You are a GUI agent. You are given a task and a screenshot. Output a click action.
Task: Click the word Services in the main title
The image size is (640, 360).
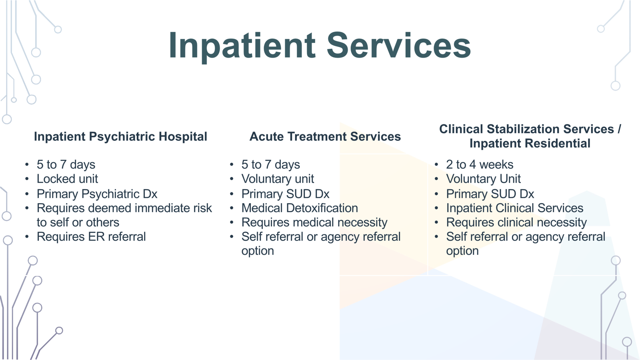(399, 45)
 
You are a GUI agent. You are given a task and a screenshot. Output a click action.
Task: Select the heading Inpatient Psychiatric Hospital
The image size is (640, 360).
(120, 136)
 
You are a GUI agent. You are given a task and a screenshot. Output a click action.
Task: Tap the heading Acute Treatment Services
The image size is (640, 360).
(325, 136)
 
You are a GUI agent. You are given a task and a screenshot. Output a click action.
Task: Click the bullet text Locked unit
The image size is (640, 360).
(68, 179)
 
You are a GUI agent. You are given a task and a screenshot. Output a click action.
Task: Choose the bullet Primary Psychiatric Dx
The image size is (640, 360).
(97, 194)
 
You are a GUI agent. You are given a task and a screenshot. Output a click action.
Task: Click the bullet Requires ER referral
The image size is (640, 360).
(92, 236)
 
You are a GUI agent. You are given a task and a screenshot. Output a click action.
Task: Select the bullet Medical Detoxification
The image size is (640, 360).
(300, 208)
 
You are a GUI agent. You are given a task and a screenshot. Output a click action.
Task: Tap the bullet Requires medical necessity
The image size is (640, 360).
(314, 222)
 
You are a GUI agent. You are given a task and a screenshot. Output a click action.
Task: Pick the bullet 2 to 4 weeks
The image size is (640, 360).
(480, 164)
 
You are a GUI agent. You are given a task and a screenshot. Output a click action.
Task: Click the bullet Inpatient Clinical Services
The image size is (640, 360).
(515, 208)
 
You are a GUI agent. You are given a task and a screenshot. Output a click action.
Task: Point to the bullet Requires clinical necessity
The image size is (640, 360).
(516, 222)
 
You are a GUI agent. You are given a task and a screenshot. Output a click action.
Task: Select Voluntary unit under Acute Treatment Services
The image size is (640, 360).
(278, 179)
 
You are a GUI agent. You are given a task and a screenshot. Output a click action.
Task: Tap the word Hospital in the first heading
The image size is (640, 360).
(183, 137)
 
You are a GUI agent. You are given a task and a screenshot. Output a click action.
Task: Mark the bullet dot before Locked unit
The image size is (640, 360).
(27, 179)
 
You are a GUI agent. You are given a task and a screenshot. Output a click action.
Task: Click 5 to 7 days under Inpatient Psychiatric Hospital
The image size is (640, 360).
(66, 165)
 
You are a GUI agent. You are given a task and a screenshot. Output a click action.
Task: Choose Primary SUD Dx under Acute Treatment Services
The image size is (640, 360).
(286, 194)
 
